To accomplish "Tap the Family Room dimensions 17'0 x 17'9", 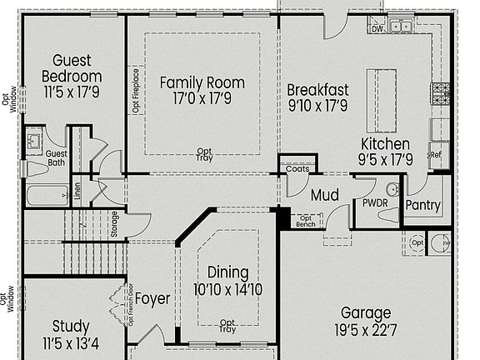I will click(x=202, y=98).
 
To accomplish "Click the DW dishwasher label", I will click(x=377, y=28).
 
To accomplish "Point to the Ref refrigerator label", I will click(x=435, y=154).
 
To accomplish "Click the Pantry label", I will click(x=422, y=206).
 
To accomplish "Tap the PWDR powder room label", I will click(x=371, y=202).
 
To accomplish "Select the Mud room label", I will click(x=324, y=197).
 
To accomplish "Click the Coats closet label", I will click(x=297, y=169).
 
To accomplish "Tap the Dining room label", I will click(x=227, y=273).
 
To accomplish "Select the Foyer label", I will click(x=152, y=298).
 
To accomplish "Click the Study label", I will click(x=70, y=326).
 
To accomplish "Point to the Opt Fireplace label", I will click(x=136, y=90).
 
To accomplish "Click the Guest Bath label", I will click(x=56, y=157).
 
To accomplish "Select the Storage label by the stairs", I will click(x=114, y=222).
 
